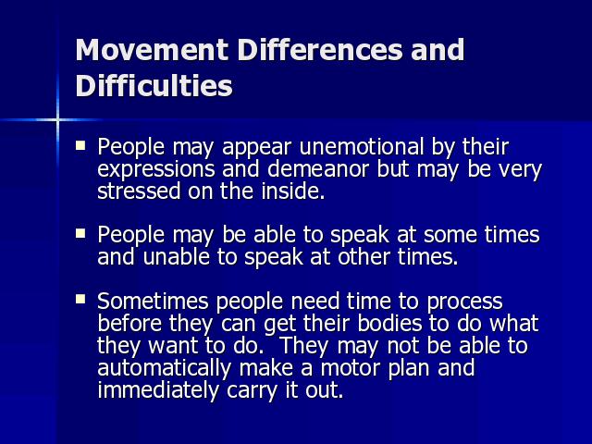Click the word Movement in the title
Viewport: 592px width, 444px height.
[x=152, y=49]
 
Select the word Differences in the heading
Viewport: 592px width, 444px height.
[x=321, y=49]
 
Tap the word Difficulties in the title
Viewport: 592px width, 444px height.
[x=154, y=85]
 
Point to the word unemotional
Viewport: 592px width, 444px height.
[x=362, y=146]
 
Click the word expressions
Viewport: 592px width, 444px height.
[x=156, y=170]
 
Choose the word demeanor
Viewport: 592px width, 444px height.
[x=318, y=168]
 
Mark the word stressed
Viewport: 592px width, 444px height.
[x=139, y=191]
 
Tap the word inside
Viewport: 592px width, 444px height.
[x=293, y=191]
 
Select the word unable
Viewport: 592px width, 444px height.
[x=177, y=257]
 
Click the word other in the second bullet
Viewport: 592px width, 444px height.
[x=364, y=257]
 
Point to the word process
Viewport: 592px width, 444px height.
[x=464, y=302]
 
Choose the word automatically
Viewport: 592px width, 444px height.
[x=165, y=369]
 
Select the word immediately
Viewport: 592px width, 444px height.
[x=158, y=390]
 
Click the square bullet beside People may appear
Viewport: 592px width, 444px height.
[x=80, y=145]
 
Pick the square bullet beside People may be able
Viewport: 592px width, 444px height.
[x=80, y=233]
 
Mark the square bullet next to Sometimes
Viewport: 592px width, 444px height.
[x=80, y=300]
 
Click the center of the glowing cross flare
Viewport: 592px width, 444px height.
[x=57, y=120]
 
